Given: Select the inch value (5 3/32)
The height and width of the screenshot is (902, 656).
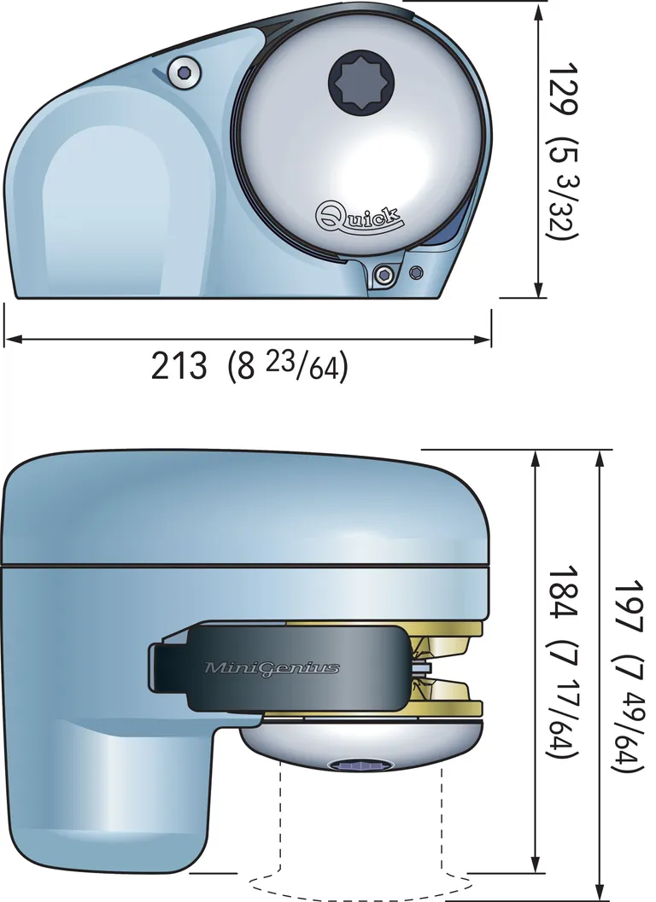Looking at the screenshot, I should (564, 188).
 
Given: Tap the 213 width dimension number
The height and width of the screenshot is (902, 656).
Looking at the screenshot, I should (179, 366).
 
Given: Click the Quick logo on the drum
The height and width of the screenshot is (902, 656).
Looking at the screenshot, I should (360, 214).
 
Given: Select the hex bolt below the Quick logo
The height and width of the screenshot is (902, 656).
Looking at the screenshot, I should (385, 274).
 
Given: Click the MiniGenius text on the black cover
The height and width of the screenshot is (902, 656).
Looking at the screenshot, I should (272, 667).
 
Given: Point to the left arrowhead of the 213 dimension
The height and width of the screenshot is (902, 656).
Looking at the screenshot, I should (10, 340).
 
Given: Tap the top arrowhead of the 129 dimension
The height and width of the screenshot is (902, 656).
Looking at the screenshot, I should (538, 10).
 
